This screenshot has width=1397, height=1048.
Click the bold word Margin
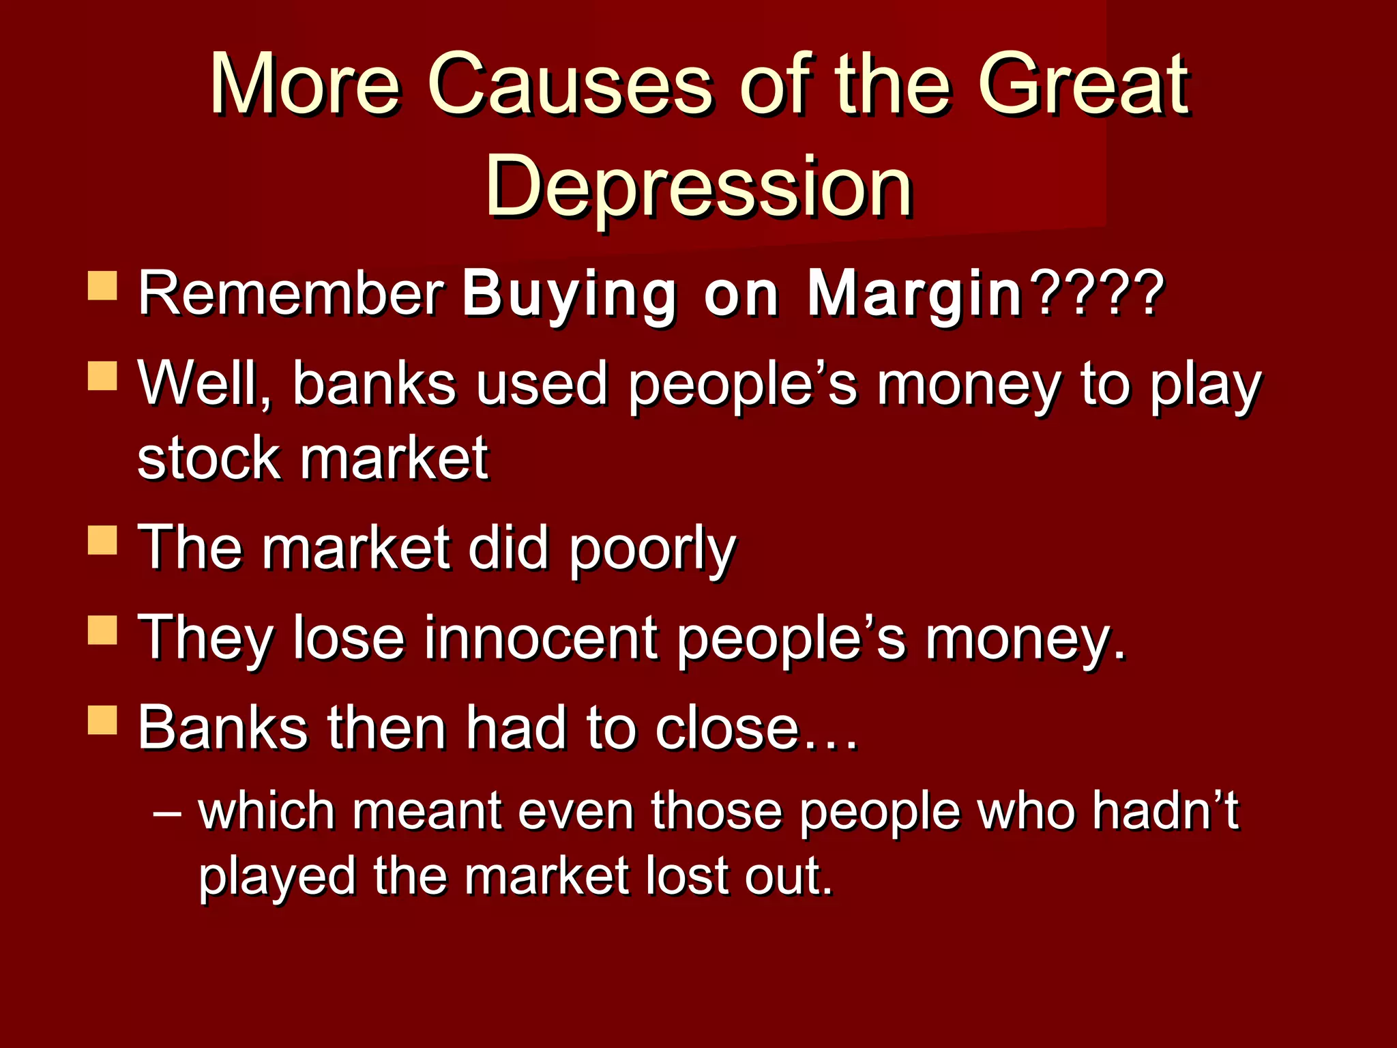click(x=914, y=295)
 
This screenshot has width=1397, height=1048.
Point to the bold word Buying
click(x=570, y=295)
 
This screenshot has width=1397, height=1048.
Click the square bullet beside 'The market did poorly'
click(x=102, y=540)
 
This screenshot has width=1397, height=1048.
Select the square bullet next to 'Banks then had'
click(x=102, y=720)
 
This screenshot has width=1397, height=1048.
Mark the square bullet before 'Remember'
click(x=102, y=286)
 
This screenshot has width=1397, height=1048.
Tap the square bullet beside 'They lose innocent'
click(x=102, y=630)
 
